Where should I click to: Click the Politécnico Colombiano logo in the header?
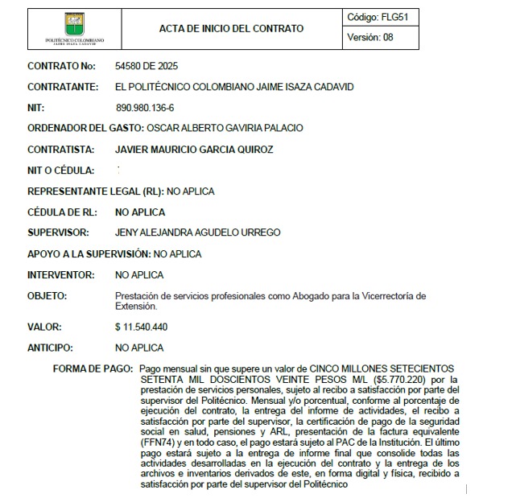[75, 28]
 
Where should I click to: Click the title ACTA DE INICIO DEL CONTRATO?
[232, 29]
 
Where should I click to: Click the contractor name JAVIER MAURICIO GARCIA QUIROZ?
[194, 149]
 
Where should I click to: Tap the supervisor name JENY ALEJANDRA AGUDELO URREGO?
[197, 233]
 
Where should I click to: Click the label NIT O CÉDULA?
[60, 171]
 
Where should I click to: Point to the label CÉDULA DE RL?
[62, 212]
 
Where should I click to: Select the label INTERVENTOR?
[60, 275]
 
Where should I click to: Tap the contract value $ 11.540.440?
[141, 327]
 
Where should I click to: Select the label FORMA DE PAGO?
[93, 368]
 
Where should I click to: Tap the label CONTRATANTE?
[62, 86]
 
